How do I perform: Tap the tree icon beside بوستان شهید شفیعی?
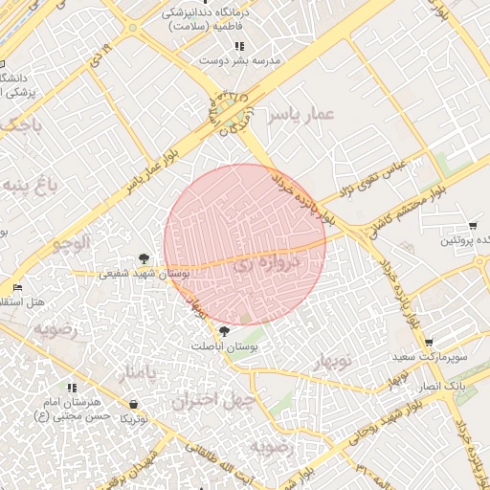coord(144,257)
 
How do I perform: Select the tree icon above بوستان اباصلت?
coord(224,330)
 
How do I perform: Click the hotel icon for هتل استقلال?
coord(17,287)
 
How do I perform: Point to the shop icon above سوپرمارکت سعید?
coord(429,342)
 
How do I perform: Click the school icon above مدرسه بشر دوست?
coord(238,45)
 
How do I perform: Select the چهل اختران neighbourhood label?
coord(214,400)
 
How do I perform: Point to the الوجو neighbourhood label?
coord(72,243)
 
